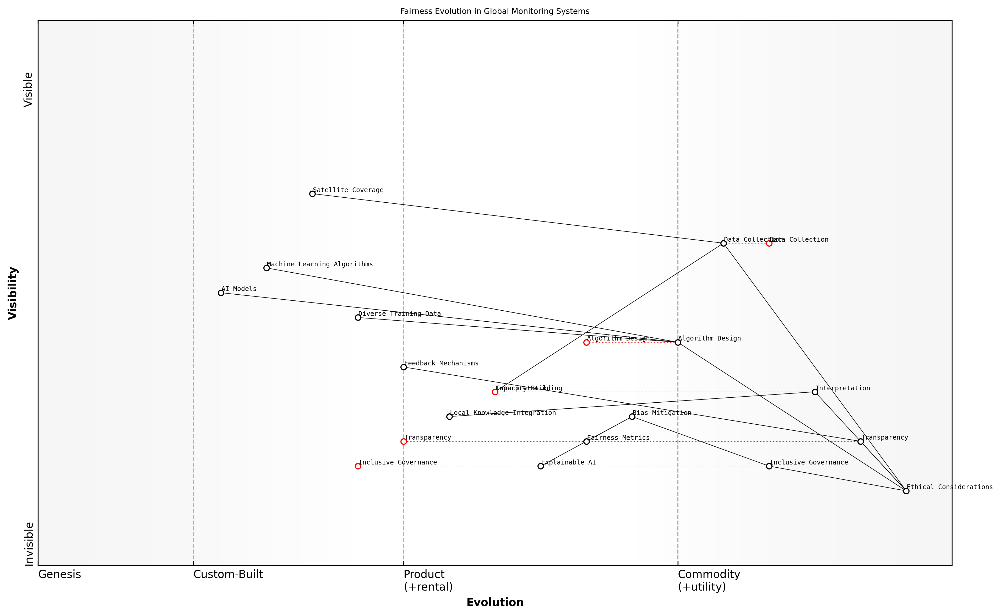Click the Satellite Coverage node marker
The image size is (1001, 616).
312,194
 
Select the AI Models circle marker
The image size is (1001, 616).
221,293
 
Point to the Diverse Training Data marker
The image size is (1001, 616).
358,317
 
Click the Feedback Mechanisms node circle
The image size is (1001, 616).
404,367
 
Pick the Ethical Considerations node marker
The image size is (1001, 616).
906,491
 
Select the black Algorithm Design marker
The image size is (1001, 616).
678,342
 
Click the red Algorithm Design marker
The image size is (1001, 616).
586,342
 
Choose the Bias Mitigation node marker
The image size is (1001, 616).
632,416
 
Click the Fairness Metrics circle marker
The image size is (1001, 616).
586,441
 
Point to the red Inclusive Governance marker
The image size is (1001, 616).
358,466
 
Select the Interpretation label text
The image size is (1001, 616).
842,388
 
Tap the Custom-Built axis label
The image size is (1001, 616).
228,574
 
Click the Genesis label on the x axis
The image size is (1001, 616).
59,574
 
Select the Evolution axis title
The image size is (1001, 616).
495,602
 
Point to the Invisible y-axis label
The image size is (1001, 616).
29,544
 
